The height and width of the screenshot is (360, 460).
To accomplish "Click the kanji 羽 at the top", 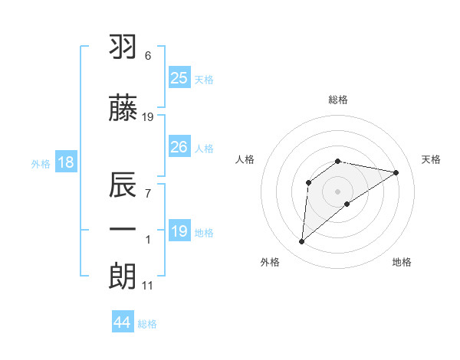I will [x=124, y=48].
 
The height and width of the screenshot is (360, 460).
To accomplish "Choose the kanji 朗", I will [x=124, y=276].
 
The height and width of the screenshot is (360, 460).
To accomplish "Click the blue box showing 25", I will [x=179, y=78].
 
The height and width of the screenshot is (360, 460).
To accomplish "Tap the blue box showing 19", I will [x=179, y=231].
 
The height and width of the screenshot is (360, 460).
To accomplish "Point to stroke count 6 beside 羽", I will [x=147, y=56].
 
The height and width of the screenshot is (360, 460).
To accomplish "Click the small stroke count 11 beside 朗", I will [x=147, y=286].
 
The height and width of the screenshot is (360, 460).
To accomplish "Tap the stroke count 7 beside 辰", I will [x=147, y=192].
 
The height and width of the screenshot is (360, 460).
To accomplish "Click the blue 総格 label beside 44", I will [x=147, y=324].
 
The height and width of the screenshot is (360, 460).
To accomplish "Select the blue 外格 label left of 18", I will [x=41, y=163].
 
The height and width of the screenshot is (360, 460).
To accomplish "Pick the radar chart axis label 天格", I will [x=432, y=159].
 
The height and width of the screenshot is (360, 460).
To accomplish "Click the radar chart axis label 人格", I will [x=245, y=159].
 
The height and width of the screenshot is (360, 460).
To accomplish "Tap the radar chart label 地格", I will [x=402, y=262].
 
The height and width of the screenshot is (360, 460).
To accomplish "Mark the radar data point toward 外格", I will [x=301, y=242].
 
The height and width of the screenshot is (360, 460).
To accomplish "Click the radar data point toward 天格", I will [x=396, y=172].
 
